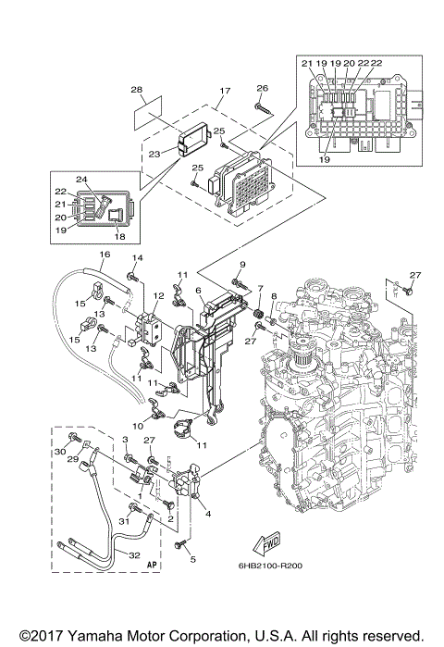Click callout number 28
tap(136, 90)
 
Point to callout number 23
tap(154, 155)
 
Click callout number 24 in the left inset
tap(81, 180)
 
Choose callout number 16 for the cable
tap(105, 254)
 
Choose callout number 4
tap(207, 514)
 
